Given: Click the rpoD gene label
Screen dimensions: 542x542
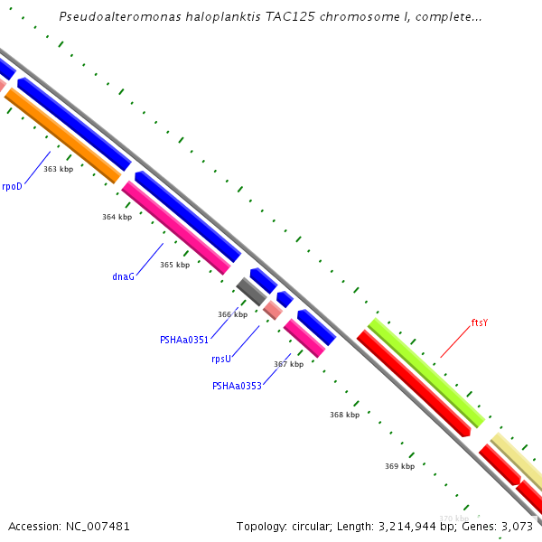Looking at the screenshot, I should point(12,186).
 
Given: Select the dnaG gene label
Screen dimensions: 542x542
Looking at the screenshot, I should point(123,276).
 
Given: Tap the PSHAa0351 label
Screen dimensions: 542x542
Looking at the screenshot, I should point(184,341).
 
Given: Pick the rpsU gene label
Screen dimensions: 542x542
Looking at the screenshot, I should point(221,359).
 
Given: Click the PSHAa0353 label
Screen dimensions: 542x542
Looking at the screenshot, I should point(237,386).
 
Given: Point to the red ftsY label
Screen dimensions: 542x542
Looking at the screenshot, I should point(480,322).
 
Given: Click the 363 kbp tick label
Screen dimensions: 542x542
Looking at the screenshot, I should point(59,169).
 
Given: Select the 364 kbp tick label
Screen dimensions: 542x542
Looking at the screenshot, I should point(117,217).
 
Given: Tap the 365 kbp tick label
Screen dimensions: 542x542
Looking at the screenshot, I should point(175,265).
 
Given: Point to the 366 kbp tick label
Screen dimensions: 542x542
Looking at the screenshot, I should point(232,314).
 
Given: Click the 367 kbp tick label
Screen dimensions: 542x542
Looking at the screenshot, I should point(288,364).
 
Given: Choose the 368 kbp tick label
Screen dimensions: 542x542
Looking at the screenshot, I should point(344,415).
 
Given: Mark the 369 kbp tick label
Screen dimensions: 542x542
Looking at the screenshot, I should point(399,466).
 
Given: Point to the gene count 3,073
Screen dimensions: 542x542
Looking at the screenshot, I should point(517,526).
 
